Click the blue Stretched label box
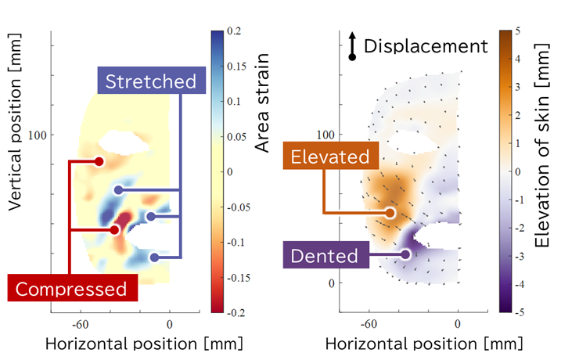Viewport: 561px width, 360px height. (151, 81)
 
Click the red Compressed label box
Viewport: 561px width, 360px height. (71, 288)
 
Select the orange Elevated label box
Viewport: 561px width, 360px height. (329, 157)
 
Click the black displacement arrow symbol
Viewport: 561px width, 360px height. (352, 47)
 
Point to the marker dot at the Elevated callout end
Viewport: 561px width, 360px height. (390, 213)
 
